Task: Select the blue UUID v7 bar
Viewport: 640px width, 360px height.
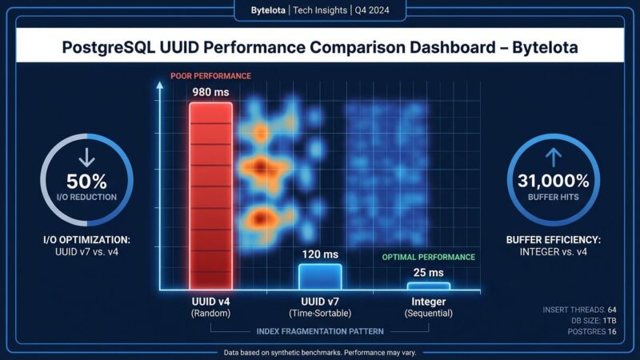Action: click(x=320, y=277)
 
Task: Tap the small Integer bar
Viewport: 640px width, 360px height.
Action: click(x=428, y=286)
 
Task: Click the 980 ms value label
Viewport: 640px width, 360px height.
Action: click(x=210, y=92)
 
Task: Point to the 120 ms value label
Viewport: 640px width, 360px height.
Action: click(x=320, y=254)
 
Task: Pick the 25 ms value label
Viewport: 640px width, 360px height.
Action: click(x=429, y=273)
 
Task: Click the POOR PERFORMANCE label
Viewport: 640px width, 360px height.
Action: click(x=210, y=76)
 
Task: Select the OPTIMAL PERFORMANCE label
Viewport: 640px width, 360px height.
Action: click(x=429, y=258)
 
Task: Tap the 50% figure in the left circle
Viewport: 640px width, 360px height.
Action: click(x=86, y=182)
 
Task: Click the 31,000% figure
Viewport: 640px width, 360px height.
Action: click(x=554, y=182)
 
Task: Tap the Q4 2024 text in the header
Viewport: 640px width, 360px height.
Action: click(x=382, y=10)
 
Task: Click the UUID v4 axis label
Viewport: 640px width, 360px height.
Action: click(x=210, y=301)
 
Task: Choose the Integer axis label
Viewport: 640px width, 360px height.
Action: click(x=429, y=301)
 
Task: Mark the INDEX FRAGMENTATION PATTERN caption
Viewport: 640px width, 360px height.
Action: click(x=320, y=331)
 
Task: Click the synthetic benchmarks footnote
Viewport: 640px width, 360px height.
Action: click(x=320, y=352)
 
